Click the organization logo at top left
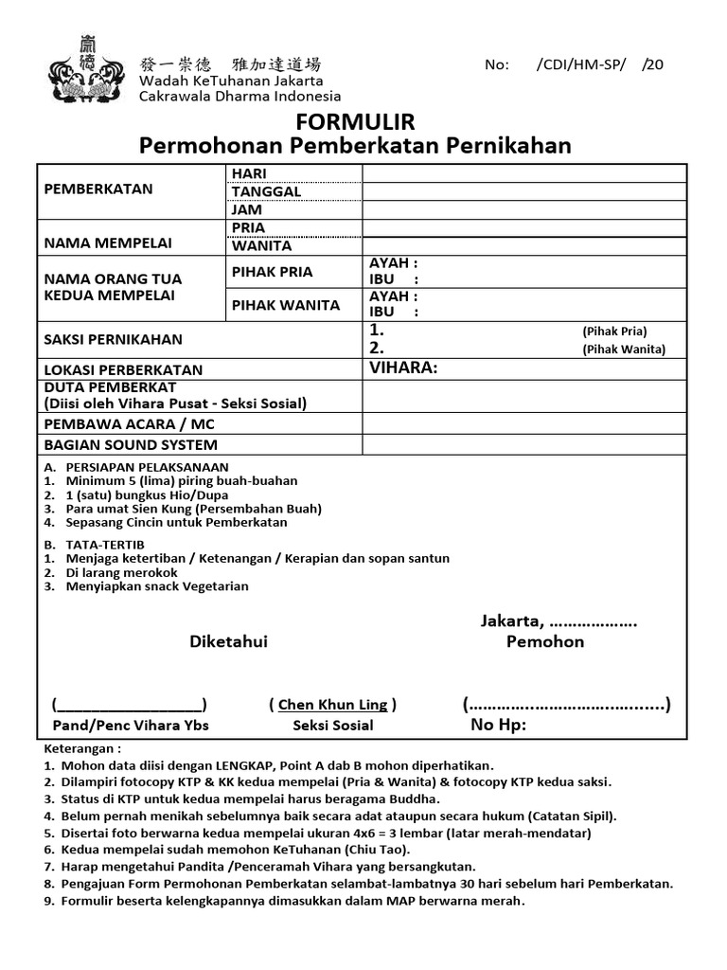[88, 69]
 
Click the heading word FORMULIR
[355, 122]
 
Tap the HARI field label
[250, 173]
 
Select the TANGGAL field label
[267, 191]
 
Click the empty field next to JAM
[524, 209]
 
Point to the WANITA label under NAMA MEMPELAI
[262, 246]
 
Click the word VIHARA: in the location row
[403, 368]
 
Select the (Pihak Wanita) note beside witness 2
[624, 349]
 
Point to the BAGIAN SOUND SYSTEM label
[131, 444]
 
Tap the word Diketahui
[228, 642]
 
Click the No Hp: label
[498, 726]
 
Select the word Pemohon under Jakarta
[545, 642]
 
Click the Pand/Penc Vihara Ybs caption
[131, 726]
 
